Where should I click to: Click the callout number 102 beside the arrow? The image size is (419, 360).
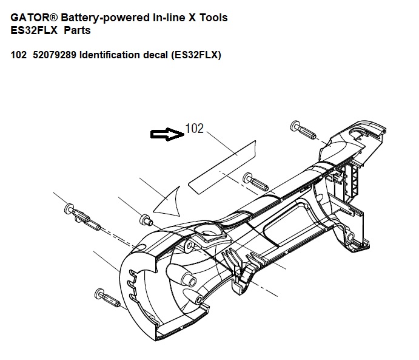pos(195,129)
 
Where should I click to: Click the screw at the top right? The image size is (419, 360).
pos(303,129)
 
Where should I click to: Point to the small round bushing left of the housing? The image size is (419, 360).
pos(145,219)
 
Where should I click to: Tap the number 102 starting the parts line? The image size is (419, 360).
pos(18,55)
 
